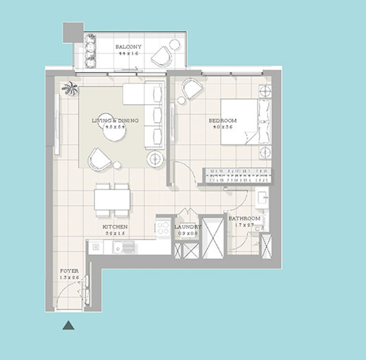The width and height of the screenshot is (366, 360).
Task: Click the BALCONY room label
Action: tap(128, 47)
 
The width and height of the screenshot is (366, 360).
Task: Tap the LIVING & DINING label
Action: tap(115, 121)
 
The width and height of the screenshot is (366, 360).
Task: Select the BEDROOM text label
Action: tap(222, 121)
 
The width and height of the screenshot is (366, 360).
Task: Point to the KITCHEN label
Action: tap(115, 227)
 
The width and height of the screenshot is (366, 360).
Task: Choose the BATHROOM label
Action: tap(244, 219)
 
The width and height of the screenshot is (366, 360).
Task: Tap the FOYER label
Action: tap(69, 271)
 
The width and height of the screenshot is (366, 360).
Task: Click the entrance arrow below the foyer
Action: tap(68, 326)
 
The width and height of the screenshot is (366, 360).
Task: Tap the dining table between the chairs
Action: tap(112, 200)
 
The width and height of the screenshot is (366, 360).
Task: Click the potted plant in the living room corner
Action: tap(70, 87)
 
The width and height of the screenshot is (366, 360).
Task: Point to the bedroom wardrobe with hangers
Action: tap(238, 175)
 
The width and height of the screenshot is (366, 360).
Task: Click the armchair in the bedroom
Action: tap(192, 88)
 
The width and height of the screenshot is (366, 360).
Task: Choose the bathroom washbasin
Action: tap(262, 197)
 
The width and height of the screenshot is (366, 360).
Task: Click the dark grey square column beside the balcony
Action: tap(73, 32)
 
